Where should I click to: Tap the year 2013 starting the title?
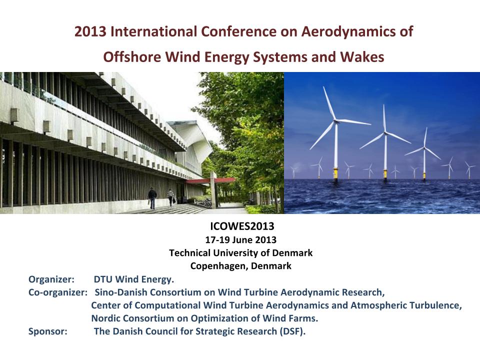(90, 31)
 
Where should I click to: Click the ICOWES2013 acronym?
(242, 226)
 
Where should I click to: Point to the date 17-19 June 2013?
(241, 239)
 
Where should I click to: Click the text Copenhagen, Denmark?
(241, 265)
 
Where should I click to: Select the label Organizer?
(51, 279)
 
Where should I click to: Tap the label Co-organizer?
(58, 292)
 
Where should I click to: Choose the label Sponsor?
(48, 331)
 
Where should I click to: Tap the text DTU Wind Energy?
(134, 279)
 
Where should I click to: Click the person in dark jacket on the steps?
(152, 198)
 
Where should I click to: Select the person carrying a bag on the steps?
(171, 197)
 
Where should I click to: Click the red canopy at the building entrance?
(211, 180)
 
